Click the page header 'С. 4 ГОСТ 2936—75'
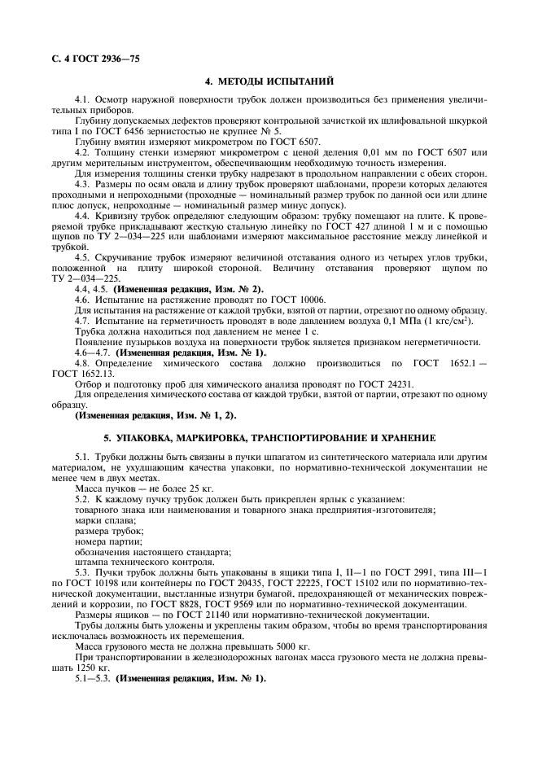pyautogui.click(x=82, y=55)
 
